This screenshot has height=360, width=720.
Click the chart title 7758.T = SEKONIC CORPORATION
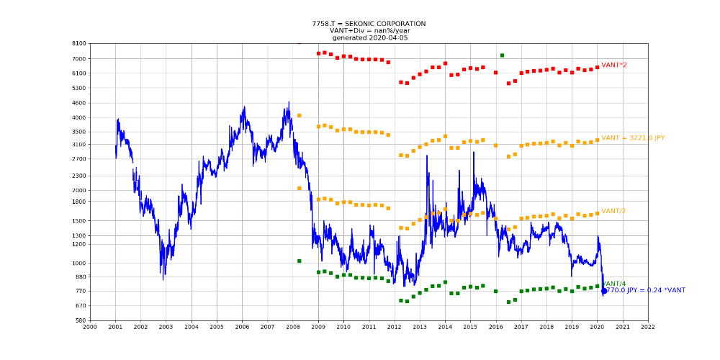tap(369, 24)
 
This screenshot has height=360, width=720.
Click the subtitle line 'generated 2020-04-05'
tap(369, 37)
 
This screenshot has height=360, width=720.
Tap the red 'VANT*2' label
tap(613, 66)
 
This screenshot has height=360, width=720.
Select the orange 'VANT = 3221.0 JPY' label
tap(633, 138)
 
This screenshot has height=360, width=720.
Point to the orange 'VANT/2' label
tap(613, 211)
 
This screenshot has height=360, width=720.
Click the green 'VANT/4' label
tap(614, 284)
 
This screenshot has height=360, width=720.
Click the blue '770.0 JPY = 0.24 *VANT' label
tap(644, 290)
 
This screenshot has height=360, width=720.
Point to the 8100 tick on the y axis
tap(78, 44)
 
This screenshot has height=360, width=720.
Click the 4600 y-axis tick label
tap(78, 103)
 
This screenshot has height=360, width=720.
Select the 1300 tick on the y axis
tap(78, 235)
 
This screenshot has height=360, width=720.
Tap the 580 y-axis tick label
tap(80, 320)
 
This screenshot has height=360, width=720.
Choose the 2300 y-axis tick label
tap(78, 176)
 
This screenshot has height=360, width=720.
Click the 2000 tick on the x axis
tap(90, 327)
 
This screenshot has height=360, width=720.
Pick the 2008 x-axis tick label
tap(293, 327)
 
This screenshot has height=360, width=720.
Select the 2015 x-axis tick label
tap(470, 327)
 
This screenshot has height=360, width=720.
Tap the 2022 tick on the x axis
tap(648, 327)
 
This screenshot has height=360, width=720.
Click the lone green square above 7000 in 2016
tap(502, 55)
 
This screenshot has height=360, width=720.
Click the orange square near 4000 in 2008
tap(299, 116)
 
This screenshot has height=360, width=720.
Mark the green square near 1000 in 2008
tap(299, 261)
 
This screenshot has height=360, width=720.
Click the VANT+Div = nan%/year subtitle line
tap(369, 31)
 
